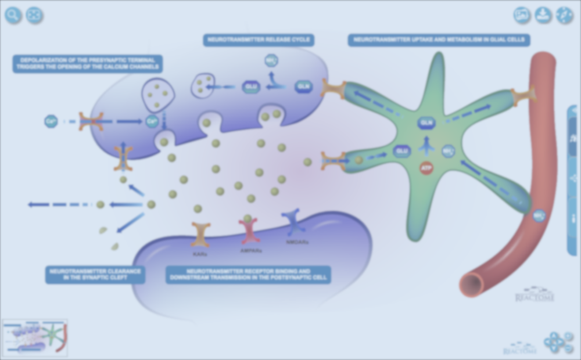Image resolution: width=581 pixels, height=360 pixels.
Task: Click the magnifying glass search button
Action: tap(13, 15)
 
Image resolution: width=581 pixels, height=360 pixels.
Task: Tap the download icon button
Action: tap(543, 15)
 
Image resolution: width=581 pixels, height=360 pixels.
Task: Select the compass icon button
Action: tap(564, 15)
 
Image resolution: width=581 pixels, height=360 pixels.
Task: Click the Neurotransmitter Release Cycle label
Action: tap(259, 40)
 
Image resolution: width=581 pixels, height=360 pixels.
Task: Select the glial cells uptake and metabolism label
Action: tap(439, 40)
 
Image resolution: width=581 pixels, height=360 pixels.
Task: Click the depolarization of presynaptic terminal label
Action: tap(87, 63)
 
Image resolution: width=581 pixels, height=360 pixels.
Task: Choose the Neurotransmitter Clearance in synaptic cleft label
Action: tap(95, 275)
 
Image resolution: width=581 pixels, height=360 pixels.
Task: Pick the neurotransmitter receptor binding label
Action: tap(248, 275)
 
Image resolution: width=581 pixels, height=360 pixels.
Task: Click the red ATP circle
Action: tap(426, 168)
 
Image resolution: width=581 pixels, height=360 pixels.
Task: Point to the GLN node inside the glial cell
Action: tap(426, 123)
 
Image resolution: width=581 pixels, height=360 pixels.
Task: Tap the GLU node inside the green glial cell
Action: tap(401, 151)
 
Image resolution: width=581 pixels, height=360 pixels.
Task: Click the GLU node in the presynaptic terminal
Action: tap(250, 87)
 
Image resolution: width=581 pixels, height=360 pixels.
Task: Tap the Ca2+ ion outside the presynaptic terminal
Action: tap(51, 121)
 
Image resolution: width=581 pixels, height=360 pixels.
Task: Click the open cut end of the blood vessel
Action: tap(471, 284)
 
